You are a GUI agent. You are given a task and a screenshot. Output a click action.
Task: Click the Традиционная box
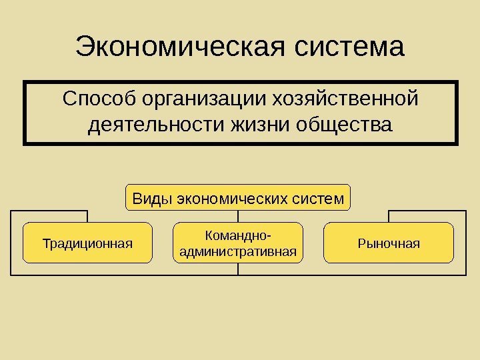point(87,243)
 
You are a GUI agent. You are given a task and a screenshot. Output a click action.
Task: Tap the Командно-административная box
point(238,243)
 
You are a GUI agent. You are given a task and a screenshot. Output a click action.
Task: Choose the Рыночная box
point(389,243)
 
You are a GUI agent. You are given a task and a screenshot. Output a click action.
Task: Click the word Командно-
point(238,235)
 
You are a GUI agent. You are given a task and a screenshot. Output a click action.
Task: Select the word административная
point(238,252)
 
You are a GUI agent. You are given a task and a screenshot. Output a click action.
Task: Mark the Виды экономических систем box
point(238,198)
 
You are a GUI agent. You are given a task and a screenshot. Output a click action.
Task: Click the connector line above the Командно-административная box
point(238,217)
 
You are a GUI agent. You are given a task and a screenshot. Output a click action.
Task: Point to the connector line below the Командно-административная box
point(238,269)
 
